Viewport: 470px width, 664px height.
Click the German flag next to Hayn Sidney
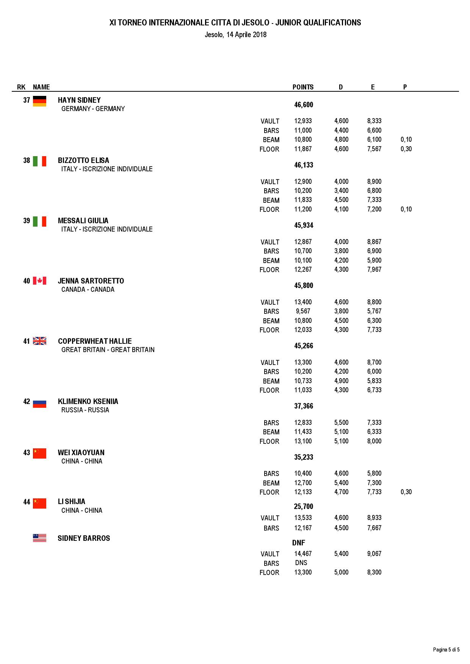coord(39,101)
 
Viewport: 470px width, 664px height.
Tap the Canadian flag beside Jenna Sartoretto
coord(39,281)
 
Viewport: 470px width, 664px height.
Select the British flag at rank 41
coord(39,341)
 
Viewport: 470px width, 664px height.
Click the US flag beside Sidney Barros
coord(39,538)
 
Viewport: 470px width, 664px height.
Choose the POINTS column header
coord(303,87)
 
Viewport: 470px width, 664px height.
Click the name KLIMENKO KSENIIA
coord(88,401)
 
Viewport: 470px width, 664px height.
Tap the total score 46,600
coord(304,105)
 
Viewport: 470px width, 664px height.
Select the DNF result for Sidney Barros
coord(299,543)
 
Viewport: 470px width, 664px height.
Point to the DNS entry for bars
coord(301,563)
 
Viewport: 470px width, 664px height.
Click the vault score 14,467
coord(303,554)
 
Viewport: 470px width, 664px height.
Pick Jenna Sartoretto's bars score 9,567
coord(303,311)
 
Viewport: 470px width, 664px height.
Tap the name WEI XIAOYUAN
coord(81,453)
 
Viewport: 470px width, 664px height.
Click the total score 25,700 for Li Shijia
coord(303,506)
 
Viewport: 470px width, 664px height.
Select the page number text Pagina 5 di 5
coord(446,650)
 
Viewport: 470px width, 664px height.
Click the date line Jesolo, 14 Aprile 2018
coord(235,35)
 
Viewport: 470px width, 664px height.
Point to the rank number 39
coord(27,221)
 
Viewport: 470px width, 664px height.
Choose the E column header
coord(373,87)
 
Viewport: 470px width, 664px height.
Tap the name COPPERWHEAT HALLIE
coord(95,341)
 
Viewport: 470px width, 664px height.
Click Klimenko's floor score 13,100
coord(303,441)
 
